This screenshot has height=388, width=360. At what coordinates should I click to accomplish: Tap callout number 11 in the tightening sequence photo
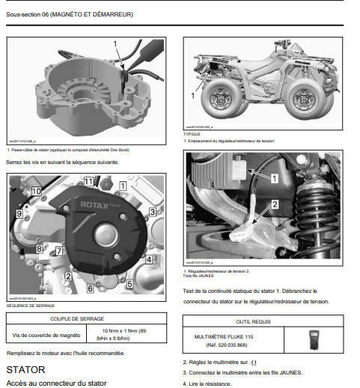tap(88, 182)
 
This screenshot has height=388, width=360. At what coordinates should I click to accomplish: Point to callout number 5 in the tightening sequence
tap(150, 284)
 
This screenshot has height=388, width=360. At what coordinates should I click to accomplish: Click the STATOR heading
tap(25, 369)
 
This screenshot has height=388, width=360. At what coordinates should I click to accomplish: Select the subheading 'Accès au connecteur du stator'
tap(55, 383)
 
